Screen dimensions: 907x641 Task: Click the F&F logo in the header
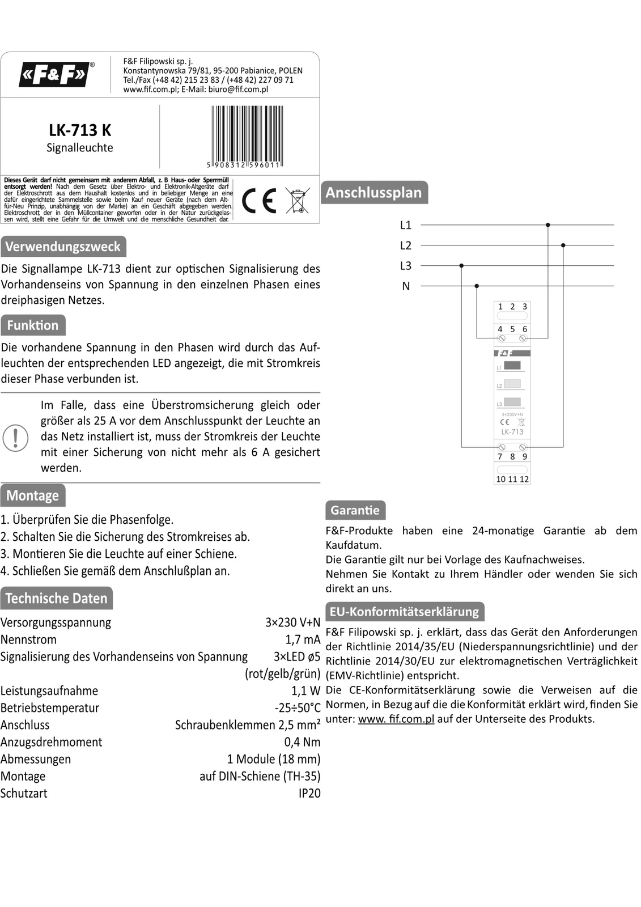(x=54, y=74)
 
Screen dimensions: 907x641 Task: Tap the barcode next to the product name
(x=247, y=136)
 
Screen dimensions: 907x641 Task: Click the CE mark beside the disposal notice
(x=259, y=201)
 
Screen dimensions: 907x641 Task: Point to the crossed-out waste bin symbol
(x=297, y=201)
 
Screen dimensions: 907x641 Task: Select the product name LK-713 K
(x=80, y=130)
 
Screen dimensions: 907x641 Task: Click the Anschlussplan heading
(x=373, y=193)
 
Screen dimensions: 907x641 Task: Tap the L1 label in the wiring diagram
(x=406, y=225)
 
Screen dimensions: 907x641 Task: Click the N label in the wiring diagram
(x=406, y=286)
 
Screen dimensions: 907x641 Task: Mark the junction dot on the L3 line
(x=461, y=265)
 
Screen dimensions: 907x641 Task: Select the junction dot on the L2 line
(x=563, y=245)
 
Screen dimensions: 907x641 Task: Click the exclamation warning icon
(x=15, y=438)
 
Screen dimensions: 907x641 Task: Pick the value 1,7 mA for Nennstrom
(x=303, y=639)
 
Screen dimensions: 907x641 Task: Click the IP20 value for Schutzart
(x=309, y=793)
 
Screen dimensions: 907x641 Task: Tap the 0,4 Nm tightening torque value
(x=302, y=742)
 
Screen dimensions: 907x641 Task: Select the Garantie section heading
(x=355, y=510)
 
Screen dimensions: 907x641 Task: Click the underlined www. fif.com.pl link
(x=396, y=719)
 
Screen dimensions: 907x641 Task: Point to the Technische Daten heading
(x=56, y=599)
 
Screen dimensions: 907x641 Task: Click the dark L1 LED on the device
(x=512, y=366)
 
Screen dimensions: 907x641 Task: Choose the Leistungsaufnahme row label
(x=49, y=690)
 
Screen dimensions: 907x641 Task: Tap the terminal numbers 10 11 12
(x=512, y=479)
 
